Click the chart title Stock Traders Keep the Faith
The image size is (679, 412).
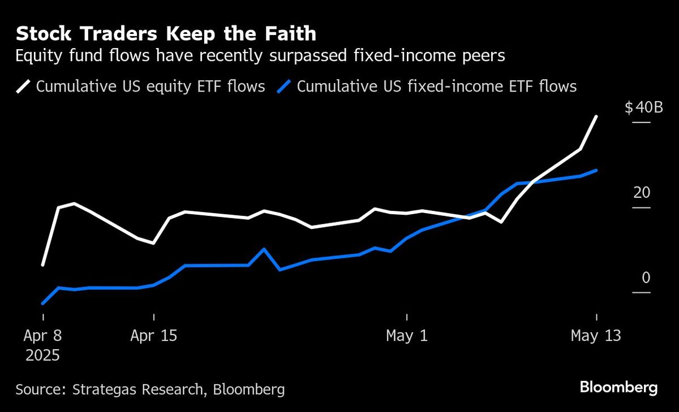[166, 34]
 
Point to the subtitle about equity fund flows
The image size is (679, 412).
[260, 57]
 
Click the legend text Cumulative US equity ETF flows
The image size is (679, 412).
[151, 86]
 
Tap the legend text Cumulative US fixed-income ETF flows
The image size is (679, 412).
[437, 86]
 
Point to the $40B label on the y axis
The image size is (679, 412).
[644, 107]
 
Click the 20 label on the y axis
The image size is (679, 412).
[642, 193]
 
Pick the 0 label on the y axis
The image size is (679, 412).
[646, 277]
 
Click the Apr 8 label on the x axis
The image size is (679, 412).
[43, 336]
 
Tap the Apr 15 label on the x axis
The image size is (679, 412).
[153, 336]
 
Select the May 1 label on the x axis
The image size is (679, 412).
[407, 336]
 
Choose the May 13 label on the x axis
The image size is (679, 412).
[596, 336]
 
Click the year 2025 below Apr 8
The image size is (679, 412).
[43, 356]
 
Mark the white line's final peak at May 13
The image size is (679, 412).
[596, 116]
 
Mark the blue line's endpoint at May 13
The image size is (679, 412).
[596, 170]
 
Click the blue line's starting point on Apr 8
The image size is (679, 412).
[43, 303]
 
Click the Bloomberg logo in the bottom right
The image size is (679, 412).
[618, 388]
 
